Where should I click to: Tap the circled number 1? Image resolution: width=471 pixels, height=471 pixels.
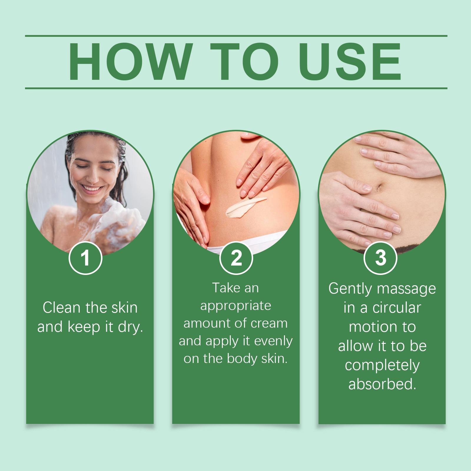click(85, 258)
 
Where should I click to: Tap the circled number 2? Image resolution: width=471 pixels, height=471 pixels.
click(236, 258)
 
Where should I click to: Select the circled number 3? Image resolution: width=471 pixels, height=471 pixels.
click(381, 258)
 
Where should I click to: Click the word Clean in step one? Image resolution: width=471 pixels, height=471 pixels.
click(62, 308)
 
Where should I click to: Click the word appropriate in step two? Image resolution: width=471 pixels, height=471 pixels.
click(235, 306)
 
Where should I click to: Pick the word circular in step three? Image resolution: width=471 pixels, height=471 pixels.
click(397, 308)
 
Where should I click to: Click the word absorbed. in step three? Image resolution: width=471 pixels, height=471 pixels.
click(382, 384)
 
